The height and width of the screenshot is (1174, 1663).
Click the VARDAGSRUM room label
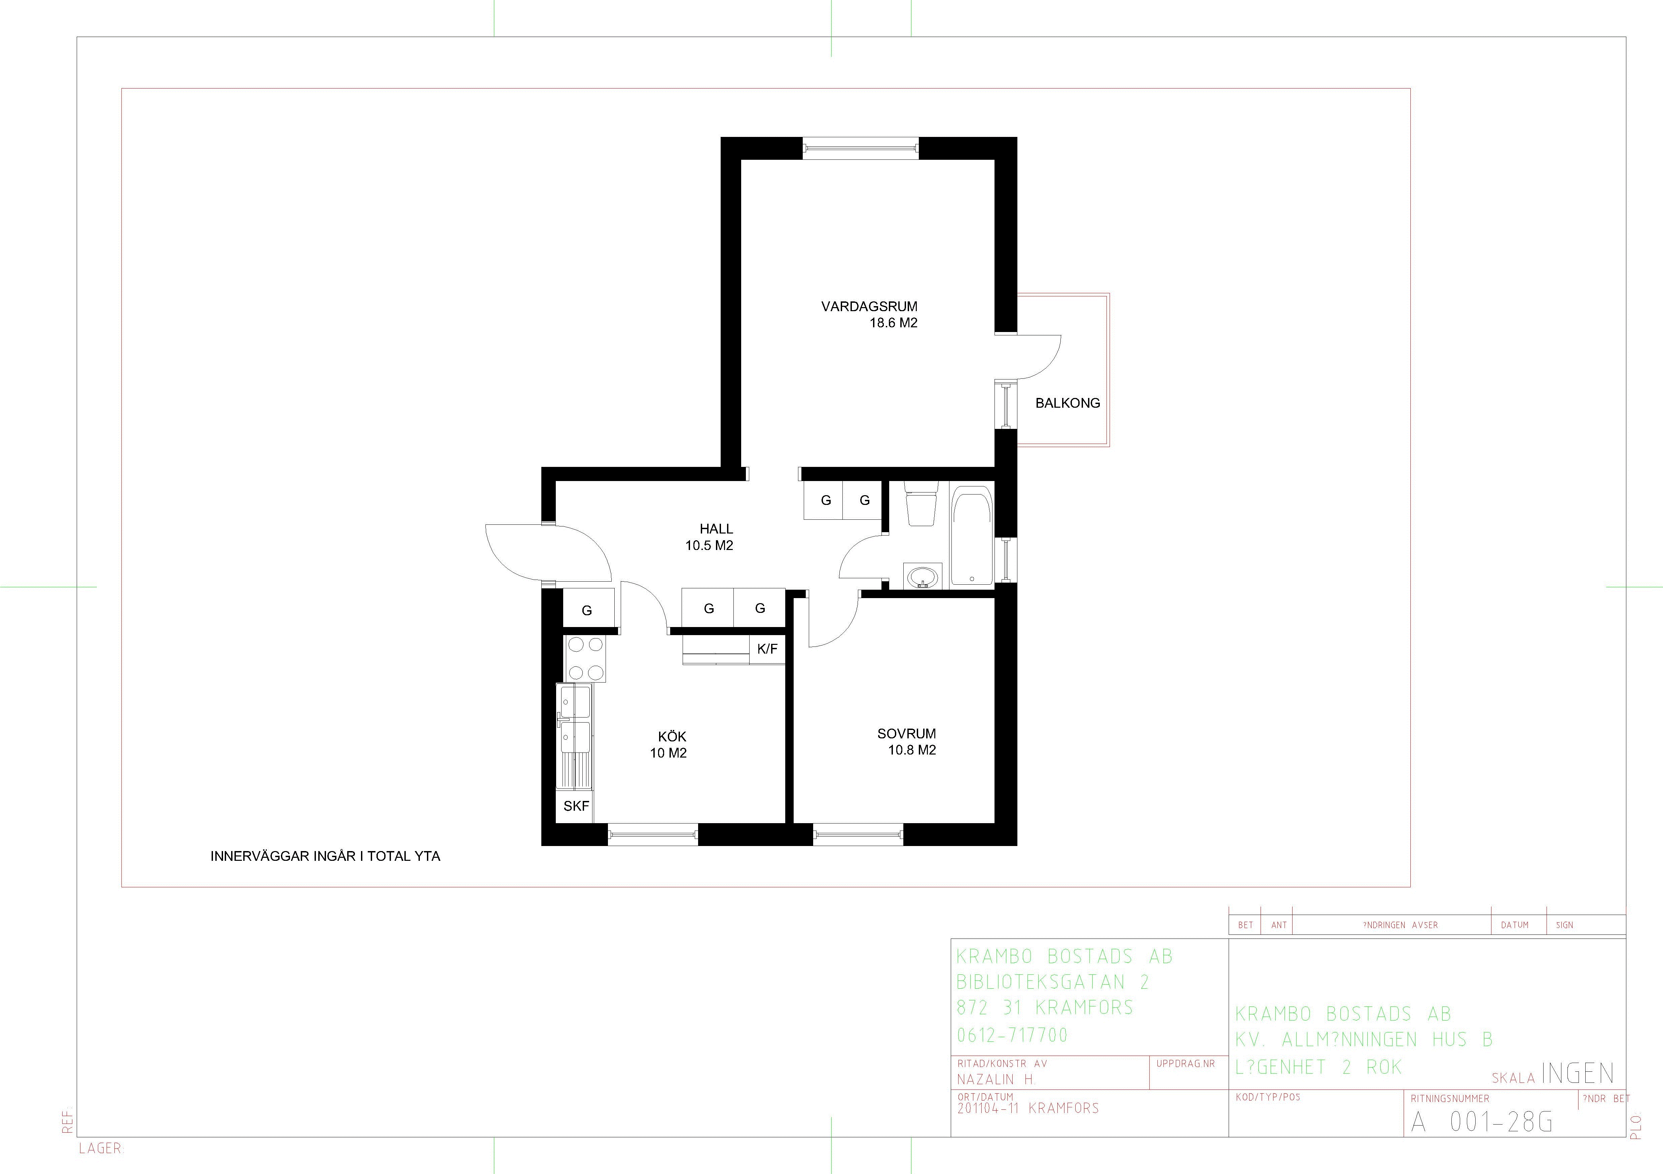coord(869,306)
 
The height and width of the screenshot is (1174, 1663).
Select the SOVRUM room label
coord(907,734)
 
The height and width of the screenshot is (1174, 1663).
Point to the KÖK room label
coord(672,737)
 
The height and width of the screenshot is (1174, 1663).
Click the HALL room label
coord(716,529)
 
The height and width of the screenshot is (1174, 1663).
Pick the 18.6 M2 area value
coord(894,323)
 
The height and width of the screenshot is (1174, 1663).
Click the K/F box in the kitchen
coord(767,649)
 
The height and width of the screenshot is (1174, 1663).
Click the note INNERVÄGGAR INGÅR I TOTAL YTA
coord(325,856)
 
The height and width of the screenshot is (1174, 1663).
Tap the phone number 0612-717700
coord(1012,1035)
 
